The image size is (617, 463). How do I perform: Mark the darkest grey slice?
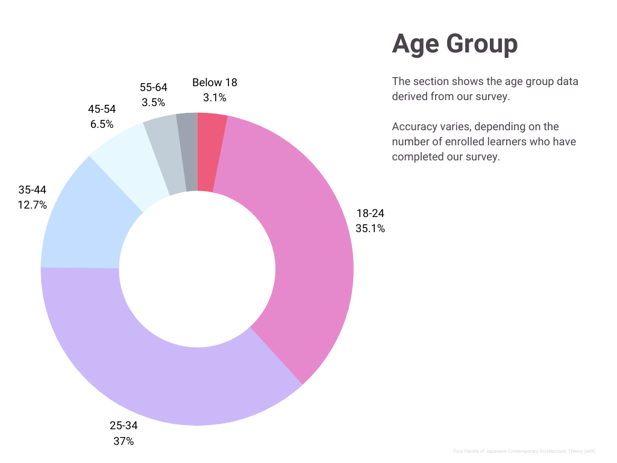[189, 152]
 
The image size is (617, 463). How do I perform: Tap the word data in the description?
[567, 81]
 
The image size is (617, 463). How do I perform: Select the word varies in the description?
[456, 127]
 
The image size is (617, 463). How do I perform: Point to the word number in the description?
[409, 142]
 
